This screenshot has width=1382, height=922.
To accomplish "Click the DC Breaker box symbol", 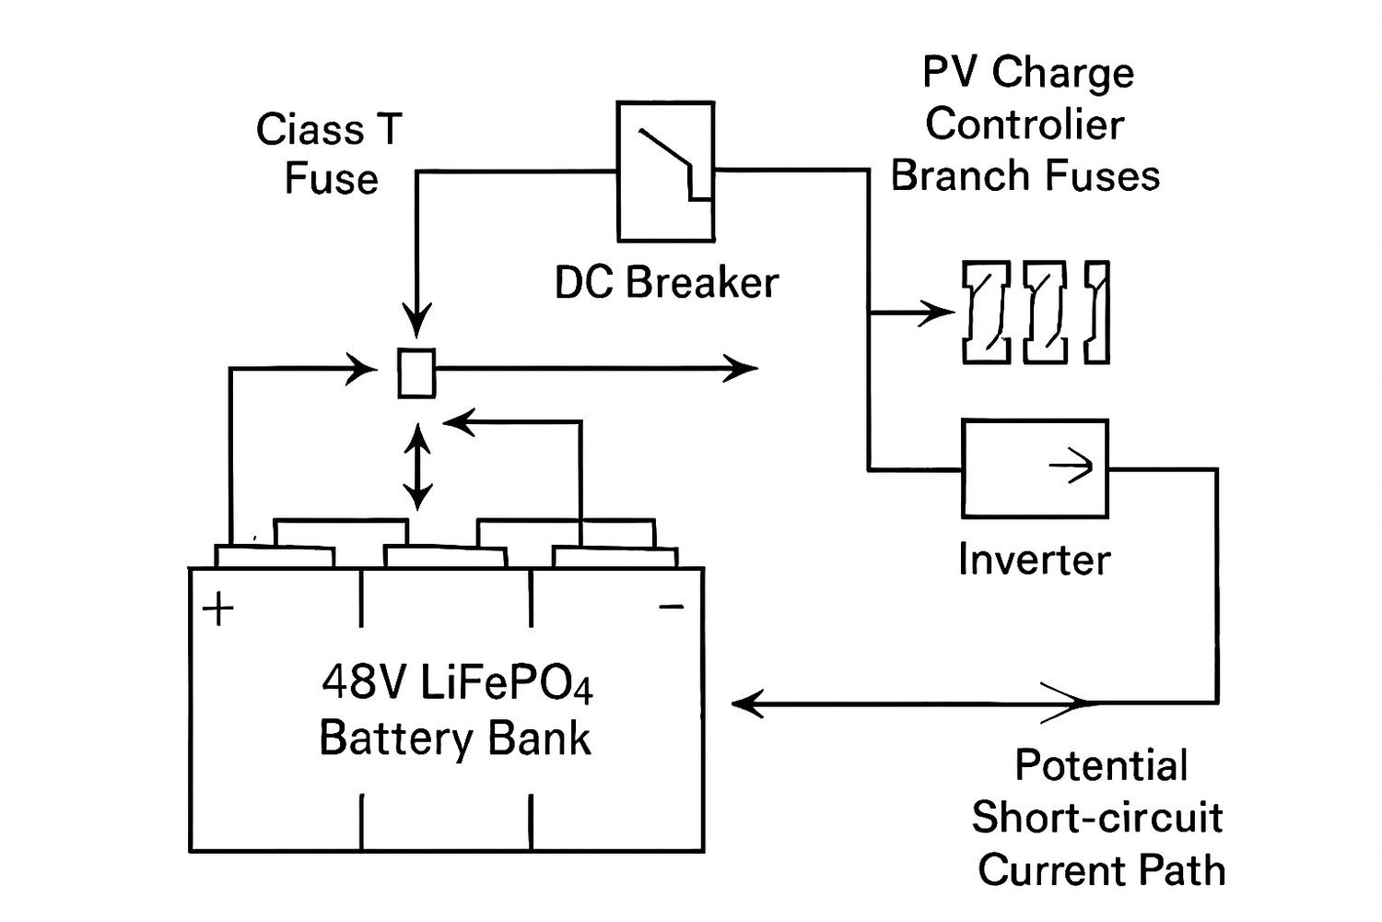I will coord(665,172).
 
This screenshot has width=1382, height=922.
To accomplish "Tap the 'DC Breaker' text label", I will coord(666,283).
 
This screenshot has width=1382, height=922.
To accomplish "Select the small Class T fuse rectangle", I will coord(416,373).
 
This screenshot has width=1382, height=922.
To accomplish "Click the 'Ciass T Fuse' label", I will coord(330,154).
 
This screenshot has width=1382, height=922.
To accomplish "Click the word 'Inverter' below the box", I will coord(1034,560).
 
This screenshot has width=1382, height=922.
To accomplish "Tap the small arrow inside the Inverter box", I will coord(1072,467).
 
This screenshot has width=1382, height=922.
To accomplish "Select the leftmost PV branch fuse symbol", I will coord(986,313).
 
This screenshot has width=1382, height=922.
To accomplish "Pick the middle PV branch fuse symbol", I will coord(1046,313).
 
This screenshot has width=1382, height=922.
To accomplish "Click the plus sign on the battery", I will coord(218,609).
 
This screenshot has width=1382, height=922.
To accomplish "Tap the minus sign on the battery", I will coord(672,607).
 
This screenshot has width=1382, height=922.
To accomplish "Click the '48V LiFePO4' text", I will coord(457,683).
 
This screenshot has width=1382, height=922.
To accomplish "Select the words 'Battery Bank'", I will coord(454,739).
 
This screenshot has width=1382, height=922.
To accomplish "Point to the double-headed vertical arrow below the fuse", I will coord(417,467).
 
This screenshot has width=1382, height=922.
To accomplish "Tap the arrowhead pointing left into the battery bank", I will coord(746,703).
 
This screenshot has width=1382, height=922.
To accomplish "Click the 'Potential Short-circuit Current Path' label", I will coord(1099,818).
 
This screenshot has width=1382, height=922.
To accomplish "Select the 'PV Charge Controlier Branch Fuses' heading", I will coord(1026,124).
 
